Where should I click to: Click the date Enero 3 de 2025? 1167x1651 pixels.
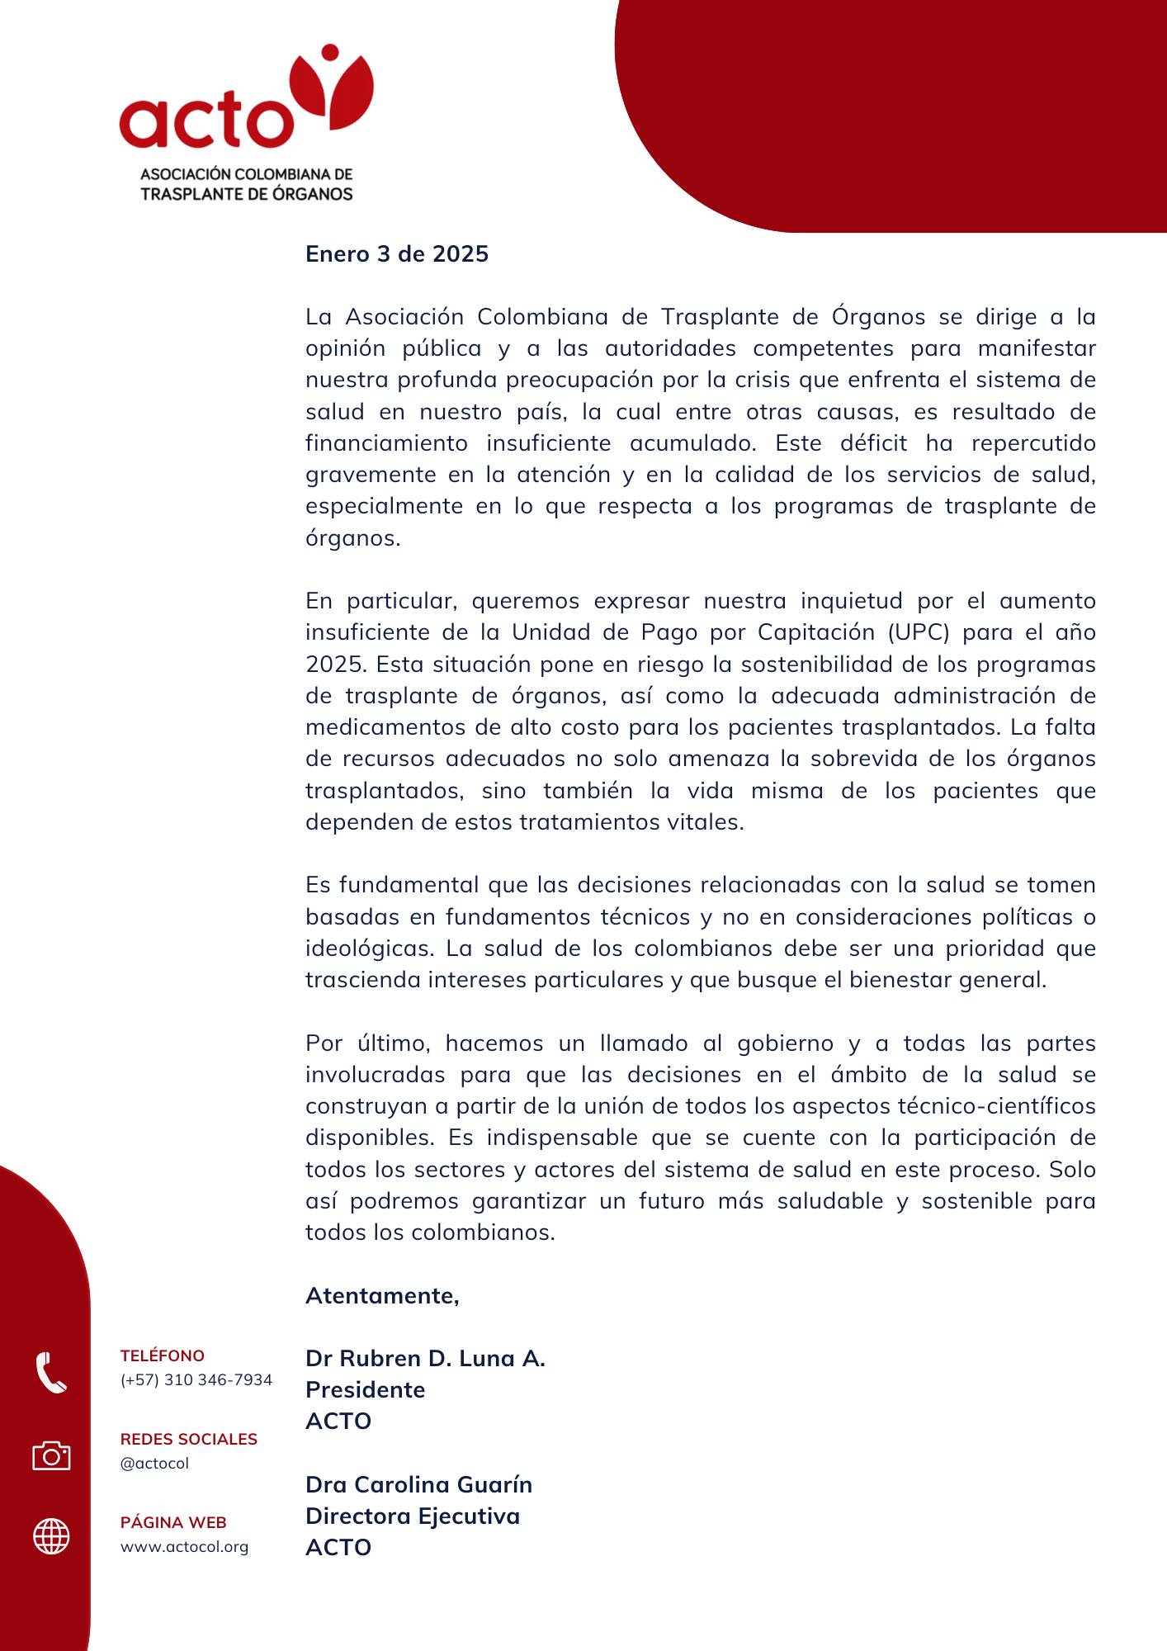tap(397, 253)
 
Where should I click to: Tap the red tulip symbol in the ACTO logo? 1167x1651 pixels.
tap(331, 89)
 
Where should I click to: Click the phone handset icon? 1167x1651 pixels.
tap(51, 1373)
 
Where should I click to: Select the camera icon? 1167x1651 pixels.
tap(51, 1455)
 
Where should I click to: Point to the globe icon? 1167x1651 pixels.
tap(51, 1537)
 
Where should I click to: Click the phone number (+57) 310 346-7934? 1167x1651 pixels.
tap(196, 1380)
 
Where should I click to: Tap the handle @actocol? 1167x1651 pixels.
tap(154, 1464)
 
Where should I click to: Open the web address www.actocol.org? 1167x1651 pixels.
tap(184, 1547)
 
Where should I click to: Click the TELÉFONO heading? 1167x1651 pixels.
tap(163, 1355)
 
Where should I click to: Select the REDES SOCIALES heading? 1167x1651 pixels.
tap(189, 1439)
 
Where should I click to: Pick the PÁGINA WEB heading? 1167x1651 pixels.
tap(173, 1522)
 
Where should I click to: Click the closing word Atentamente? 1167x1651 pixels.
tap(382, 1295)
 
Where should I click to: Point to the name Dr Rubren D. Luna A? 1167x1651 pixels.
tap(425, 1358)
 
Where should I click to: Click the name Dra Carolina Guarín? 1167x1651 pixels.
tap(418, 1484)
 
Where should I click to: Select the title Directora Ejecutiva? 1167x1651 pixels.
tap(413, 1516)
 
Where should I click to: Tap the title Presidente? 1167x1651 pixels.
tap(365, 1389)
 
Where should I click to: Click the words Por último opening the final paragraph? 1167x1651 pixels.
tap(367, 1043)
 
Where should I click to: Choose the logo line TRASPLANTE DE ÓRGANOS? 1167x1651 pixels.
tap(247, 194)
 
